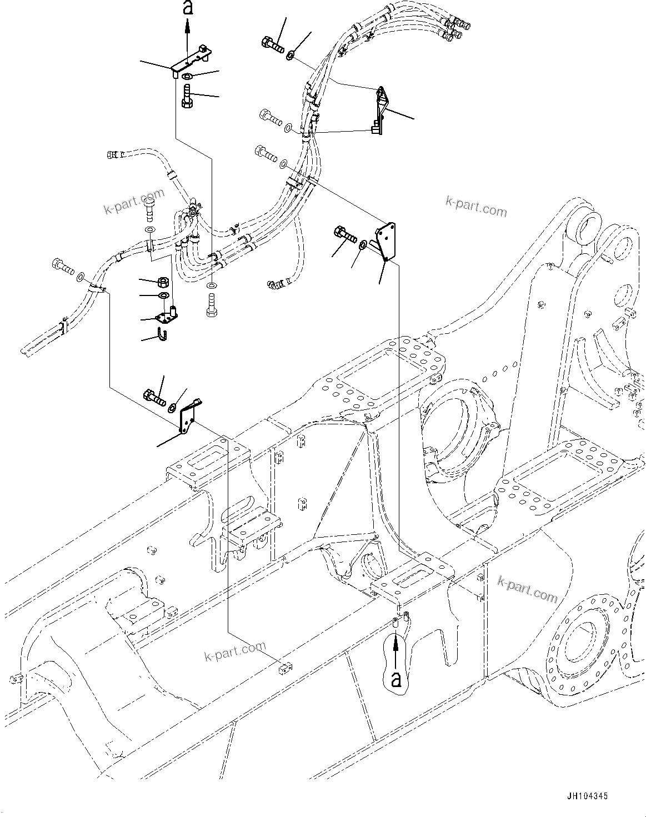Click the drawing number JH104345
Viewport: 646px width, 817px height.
(x=587, y=796)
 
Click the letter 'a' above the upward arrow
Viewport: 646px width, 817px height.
(x=187, y=8)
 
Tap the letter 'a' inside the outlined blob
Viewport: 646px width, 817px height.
(x=396, y=678)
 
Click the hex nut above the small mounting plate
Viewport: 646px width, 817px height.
(x=164, y=282)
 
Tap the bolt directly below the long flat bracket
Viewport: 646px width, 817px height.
(x=187, y=95)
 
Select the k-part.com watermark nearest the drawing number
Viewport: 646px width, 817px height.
(x=527, y=589)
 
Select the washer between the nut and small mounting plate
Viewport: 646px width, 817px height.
(x=164, y=294)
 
